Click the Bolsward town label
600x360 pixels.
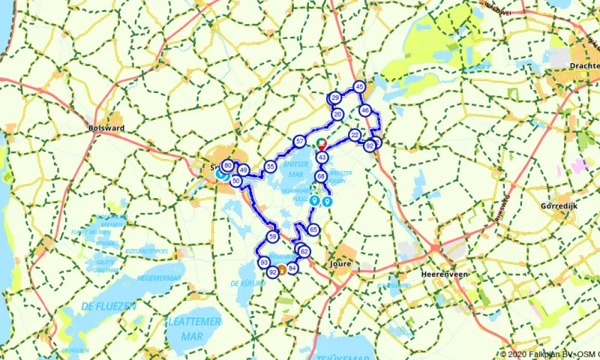click(x=106, y=128)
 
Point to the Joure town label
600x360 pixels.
click(x=340, y=264)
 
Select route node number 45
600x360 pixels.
click(x=359, y=87)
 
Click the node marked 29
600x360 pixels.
click(x=335, y=98)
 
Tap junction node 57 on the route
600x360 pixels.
click(x=299, y=141)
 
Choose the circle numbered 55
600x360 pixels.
click(x=270, y=166)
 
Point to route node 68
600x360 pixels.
click(x=320, y=176)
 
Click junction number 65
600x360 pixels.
click(x=313, y=229)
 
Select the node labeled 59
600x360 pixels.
click(x=273, y=236)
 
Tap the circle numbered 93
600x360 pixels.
click(x=263, y=262)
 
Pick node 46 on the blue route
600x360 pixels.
click(x=364, y=111)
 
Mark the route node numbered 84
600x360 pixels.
click(x=292, y=268)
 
